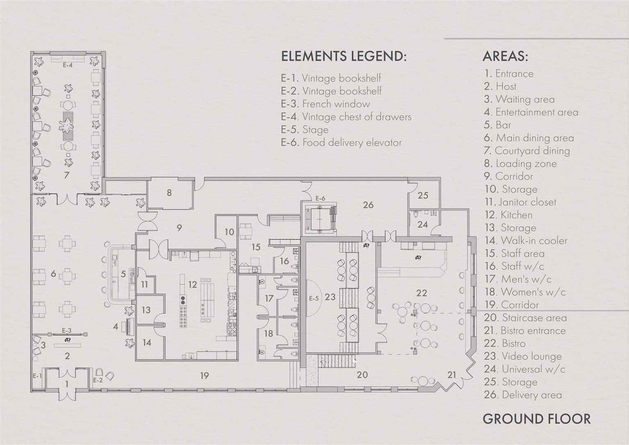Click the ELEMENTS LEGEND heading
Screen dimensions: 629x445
point(344,56)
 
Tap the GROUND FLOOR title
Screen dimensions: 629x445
point(537,419)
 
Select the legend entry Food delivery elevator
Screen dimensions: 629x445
point(341,142)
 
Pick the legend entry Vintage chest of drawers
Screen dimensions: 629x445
point(346,117)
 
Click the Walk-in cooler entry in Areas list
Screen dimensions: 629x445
point(526,241)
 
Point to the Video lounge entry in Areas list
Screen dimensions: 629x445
point(523,356)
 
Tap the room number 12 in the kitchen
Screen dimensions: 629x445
point(193,284)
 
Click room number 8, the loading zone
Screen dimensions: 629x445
point(169,193)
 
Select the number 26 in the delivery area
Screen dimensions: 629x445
point(368,205)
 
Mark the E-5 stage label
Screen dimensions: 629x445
point(314,298)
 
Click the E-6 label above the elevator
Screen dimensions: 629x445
point(320,198)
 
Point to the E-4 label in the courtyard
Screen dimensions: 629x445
point(68,65)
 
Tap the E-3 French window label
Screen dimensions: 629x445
point(67,330)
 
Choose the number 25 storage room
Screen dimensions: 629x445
point(423,195)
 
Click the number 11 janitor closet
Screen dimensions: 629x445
point(144,284)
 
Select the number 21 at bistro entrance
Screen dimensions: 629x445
point(451,375)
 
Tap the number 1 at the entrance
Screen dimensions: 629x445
point(66,384)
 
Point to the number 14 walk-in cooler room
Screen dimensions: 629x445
point(147,342)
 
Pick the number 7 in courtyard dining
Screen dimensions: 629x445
point(66,175)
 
